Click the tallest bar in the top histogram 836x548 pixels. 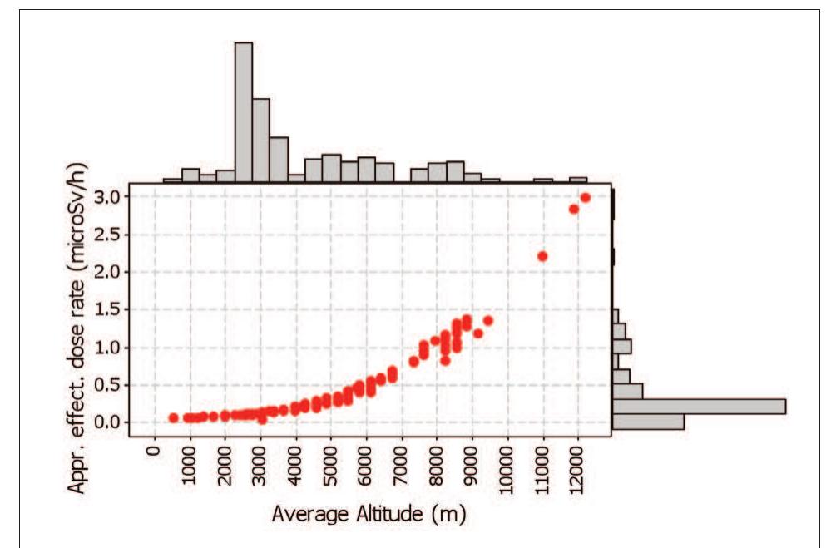(244, 112)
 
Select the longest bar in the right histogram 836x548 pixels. (699, 406)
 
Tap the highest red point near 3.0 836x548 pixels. (585, 198)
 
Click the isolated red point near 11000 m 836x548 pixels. (542, 256)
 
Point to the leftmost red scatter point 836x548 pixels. (173, 417)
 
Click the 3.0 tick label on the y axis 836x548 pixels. (112, 197)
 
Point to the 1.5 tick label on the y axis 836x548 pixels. (112, 309)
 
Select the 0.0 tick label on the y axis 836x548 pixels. (112, 422)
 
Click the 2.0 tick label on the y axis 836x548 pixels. (112, 272)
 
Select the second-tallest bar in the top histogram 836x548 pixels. (261, 140)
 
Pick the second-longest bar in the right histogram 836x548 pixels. (648, 422)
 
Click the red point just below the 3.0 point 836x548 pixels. (573, 209)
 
